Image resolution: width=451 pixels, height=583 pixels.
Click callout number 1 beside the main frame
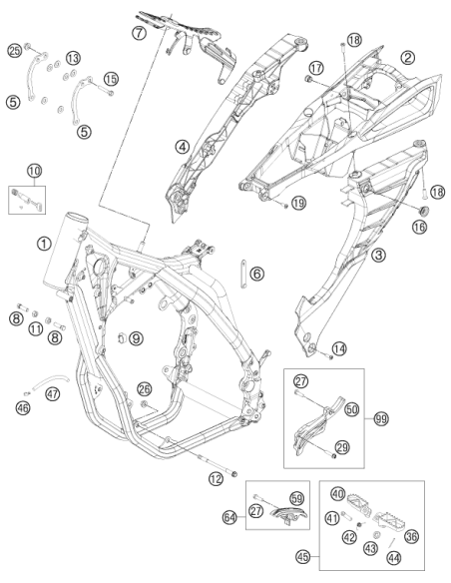pyautogui.click(x=44, y=244)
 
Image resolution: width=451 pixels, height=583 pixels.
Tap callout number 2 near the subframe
pyautogui.click(x=407, y=57)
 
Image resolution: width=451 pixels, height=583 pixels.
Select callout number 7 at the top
pyautogui.click(x=139, y=33)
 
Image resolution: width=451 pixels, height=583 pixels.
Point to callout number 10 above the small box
pyautogui.click(x=34, y=171)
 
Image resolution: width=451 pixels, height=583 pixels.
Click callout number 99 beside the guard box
pyautogui.click(x=381, y=419)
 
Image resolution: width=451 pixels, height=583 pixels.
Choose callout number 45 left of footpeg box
pyautogui.click(x=303, y=557)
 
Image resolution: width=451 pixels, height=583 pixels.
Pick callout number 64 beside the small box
pyautogui.click(x=229, y=517)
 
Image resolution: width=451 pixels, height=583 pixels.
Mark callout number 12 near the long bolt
pyautogui.click(x=216, y=478)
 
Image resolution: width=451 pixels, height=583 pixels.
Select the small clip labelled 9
pyautogui.click(x=122, y=337)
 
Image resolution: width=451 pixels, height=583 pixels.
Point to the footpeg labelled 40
pyautogui.click(x=359, y=506)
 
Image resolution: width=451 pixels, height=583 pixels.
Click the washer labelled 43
pyautogui.click(x=376, y=535)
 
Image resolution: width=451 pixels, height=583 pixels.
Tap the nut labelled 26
pyautogui.click(x=144, y=403)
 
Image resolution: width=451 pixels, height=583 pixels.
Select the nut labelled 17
pyautogui.click(x=307, y=79)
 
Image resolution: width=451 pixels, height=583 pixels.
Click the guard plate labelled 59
pyautogui.click(x=288, y=514)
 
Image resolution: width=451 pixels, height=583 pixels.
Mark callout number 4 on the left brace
pyautogui.click(x=182, y=147)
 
